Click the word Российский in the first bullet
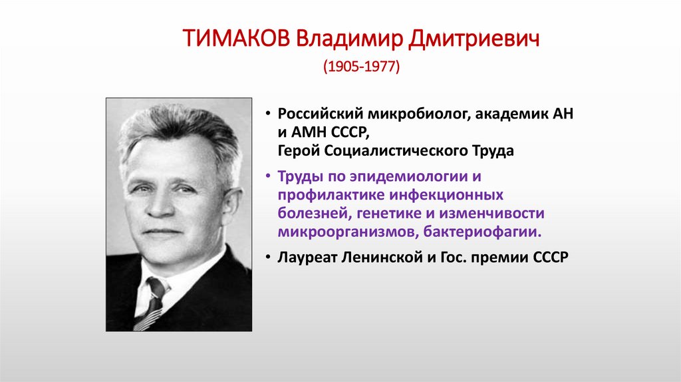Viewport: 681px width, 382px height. [315, 114]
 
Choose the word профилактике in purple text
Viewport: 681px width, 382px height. [321, 196]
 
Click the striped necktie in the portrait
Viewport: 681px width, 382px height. [152, 303]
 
